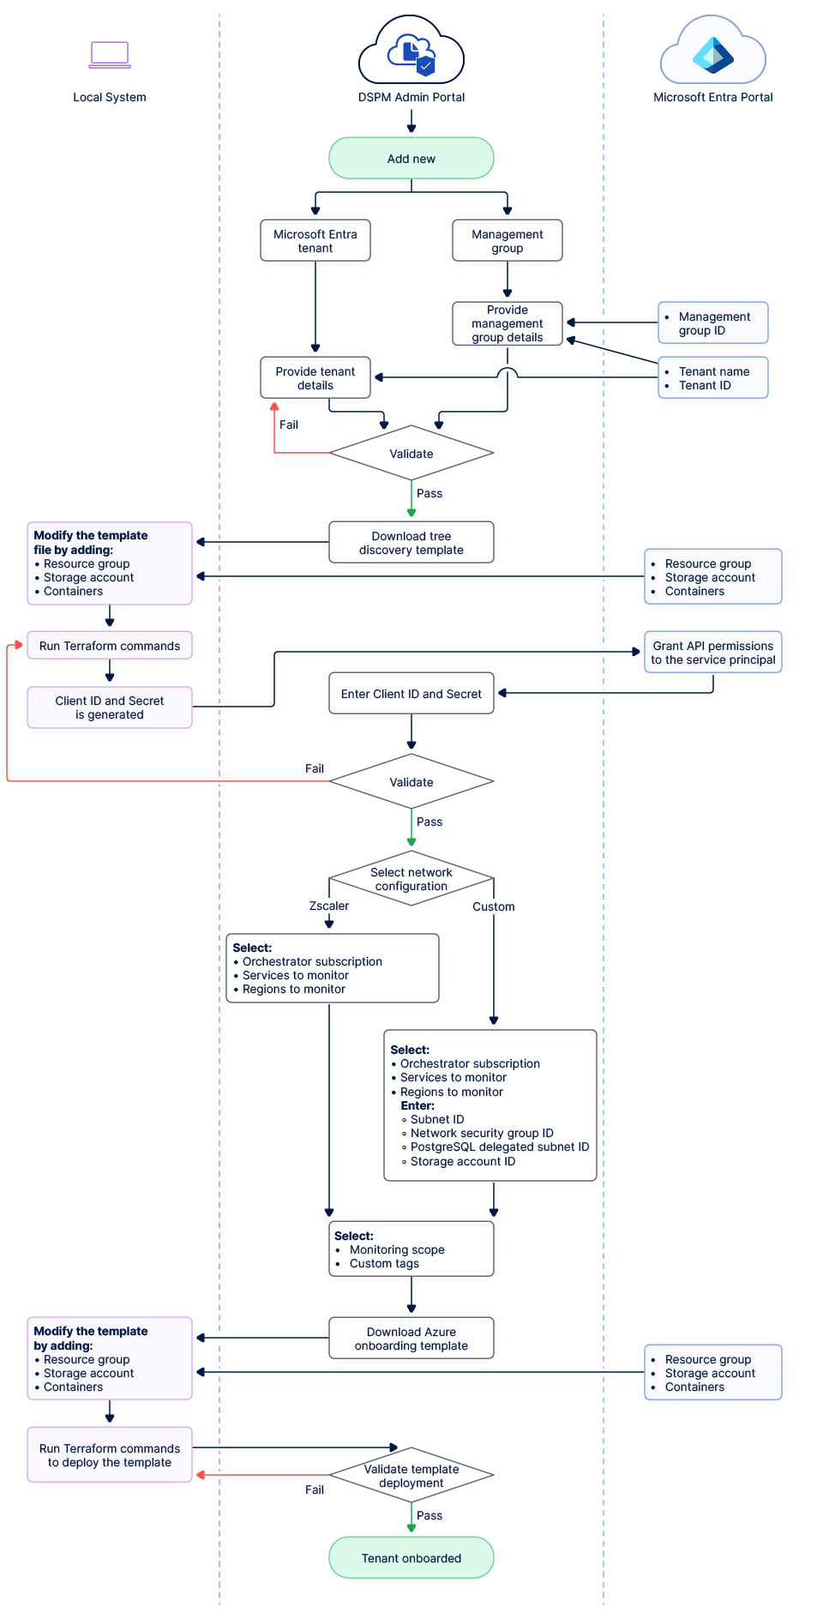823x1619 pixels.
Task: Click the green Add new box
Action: click(x=411, y=159)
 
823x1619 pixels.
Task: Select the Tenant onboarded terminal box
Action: click(x=411, y=1557)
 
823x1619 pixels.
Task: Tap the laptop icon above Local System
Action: click(x=110, y=55)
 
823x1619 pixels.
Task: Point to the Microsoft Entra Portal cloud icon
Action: click(x=712, y=53)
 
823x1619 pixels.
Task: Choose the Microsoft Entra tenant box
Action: click(x=315, y=241)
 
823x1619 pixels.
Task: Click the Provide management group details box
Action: click(x=508, y=323)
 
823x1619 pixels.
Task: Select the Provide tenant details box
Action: click(x=315, y=378)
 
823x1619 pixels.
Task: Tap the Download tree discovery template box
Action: click(x=411, y=543)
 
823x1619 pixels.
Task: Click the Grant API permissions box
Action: click(x=712, y=653)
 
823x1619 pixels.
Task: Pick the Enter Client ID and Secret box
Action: click(x=411, y=694)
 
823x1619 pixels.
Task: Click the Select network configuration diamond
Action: click(x=411, y=878)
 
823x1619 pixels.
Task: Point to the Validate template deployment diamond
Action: click(x=411, y=1475)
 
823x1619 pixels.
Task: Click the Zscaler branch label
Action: click(x=329, y=906)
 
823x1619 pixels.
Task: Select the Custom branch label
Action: click(x=494, y=906)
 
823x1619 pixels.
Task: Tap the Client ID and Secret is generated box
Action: click(x=110, y=707)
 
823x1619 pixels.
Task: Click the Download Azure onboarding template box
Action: click(x=411, y=1339)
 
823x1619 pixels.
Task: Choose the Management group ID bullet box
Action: click(x=712, y=323)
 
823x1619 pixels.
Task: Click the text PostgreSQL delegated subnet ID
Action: click(x=499, y=1147)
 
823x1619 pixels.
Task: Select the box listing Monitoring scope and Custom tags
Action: click(x=411, y=1249)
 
